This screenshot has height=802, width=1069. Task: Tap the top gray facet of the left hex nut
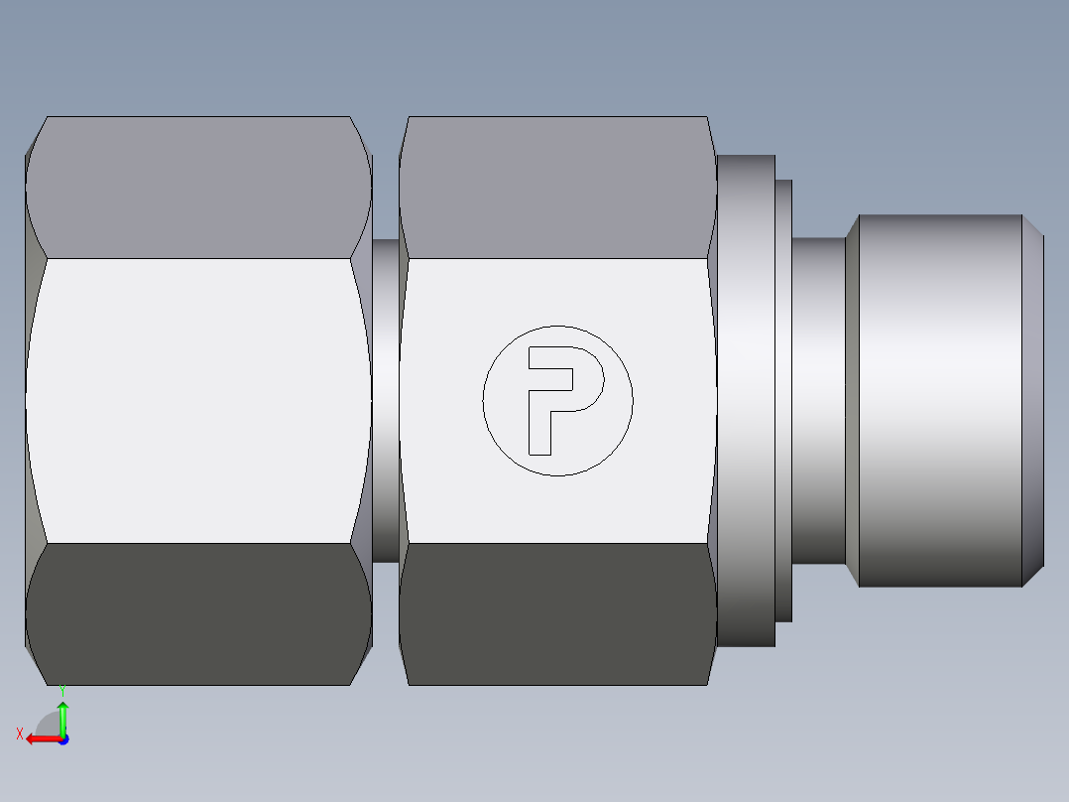(x=198, y=188)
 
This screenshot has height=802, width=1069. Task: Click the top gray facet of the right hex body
(x=557, y=188)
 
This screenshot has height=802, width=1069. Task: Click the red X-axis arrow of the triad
(x=40, y=738)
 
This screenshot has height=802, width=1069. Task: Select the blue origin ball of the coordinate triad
(x=62, y=738)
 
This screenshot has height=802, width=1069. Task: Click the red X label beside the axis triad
(x=19, y=735)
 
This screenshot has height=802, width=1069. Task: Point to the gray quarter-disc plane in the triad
(x=50, y=725)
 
